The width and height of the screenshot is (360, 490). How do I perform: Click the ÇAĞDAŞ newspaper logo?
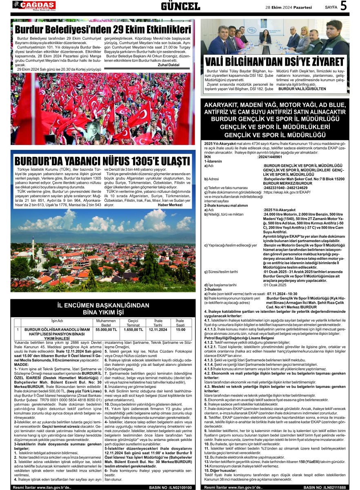coord(34,5)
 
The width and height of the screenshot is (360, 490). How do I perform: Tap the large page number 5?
coord(344,6)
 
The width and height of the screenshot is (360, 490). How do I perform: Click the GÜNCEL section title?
coord(180,6)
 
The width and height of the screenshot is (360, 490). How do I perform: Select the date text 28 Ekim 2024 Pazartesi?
coord(289,7)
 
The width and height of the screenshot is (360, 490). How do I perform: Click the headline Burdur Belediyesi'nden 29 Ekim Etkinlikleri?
coord(103,30)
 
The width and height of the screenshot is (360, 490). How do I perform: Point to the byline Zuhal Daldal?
coord(168,65)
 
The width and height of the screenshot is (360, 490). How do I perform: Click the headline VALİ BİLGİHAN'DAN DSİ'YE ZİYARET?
coord(274,62)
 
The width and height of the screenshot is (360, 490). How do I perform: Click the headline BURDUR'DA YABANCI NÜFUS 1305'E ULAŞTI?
coord(102,160)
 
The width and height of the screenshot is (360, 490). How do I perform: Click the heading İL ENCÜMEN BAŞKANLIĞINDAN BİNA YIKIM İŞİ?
coord(103,309)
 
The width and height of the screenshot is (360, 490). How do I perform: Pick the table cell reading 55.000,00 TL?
coord(106,329)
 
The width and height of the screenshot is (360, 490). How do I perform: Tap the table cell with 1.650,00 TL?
coord(133,329)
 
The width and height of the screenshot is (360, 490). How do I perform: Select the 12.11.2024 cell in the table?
coord(158,329)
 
